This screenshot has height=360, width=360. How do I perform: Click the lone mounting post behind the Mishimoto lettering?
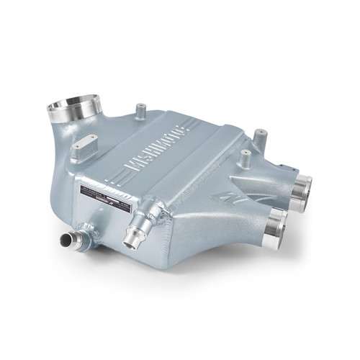140,111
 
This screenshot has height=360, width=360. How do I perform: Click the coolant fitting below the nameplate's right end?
134,230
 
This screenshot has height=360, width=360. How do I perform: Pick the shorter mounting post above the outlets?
246,156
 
